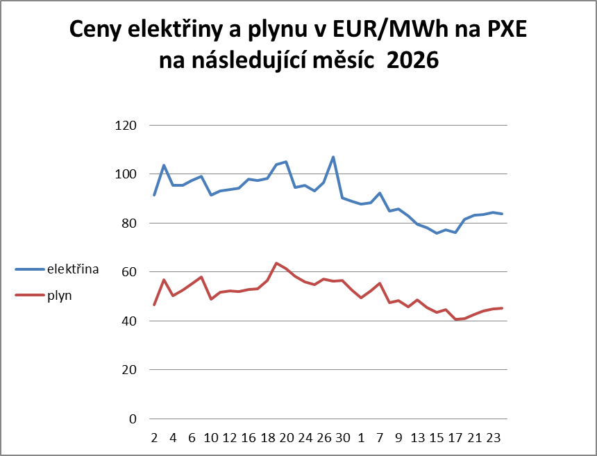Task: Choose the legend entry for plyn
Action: (60, 295)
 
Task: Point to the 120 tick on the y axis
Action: (130, 126)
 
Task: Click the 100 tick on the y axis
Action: (130, 174)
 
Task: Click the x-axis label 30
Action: (342, 438)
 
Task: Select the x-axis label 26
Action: (323, 438)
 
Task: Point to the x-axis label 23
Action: (494, 438)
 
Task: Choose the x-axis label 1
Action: (361, 438)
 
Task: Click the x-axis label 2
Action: (154, 438)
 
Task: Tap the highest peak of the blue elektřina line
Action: (333, 157)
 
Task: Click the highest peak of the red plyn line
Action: (276, 263)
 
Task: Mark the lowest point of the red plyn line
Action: (455, 319)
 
